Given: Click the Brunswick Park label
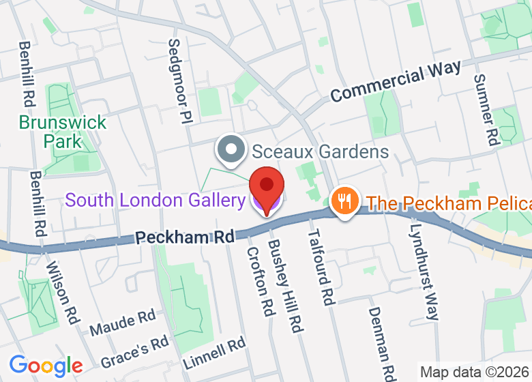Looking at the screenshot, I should pos(63,132).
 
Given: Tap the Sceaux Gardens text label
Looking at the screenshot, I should pos(320,151).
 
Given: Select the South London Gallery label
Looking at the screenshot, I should pos(155,201).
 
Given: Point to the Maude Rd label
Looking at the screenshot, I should pos(123,323).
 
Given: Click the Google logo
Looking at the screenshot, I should pos(46,366).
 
